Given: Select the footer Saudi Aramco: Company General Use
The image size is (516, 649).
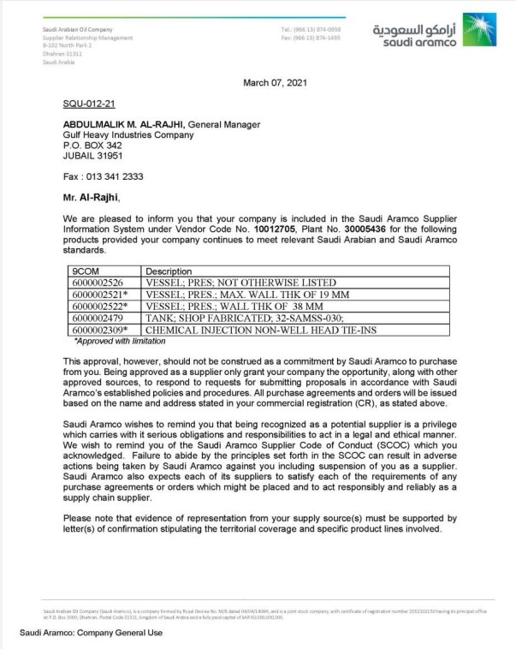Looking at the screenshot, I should coord(85,634).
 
